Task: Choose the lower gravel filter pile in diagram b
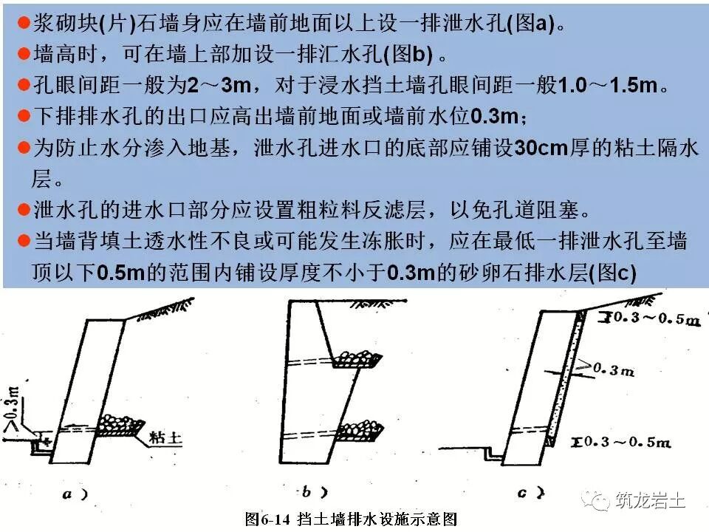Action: point(360,429)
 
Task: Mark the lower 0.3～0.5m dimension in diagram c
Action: point(625,442)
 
